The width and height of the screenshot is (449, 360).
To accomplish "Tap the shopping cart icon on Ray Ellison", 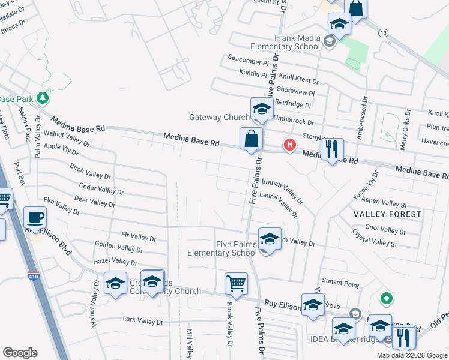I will pos(237,283).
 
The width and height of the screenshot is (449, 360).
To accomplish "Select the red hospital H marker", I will pos(290,145).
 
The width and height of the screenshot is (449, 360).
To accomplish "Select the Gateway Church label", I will pos(219,117).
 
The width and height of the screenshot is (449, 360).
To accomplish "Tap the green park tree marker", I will pos(42,97).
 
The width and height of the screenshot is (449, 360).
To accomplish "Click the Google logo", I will pos(20,353).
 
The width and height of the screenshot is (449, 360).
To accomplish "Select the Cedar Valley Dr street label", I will pos(101,189).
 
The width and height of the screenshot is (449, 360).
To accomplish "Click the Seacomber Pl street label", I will pos(249,60).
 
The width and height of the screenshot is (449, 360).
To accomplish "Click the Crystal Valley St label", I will pos(379,240).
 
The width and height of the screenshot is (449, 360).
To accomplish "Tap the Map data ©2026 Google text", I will pos(411,355).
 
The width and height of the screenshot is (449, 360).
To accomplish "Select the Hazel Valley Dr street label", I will pos(116,262).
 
